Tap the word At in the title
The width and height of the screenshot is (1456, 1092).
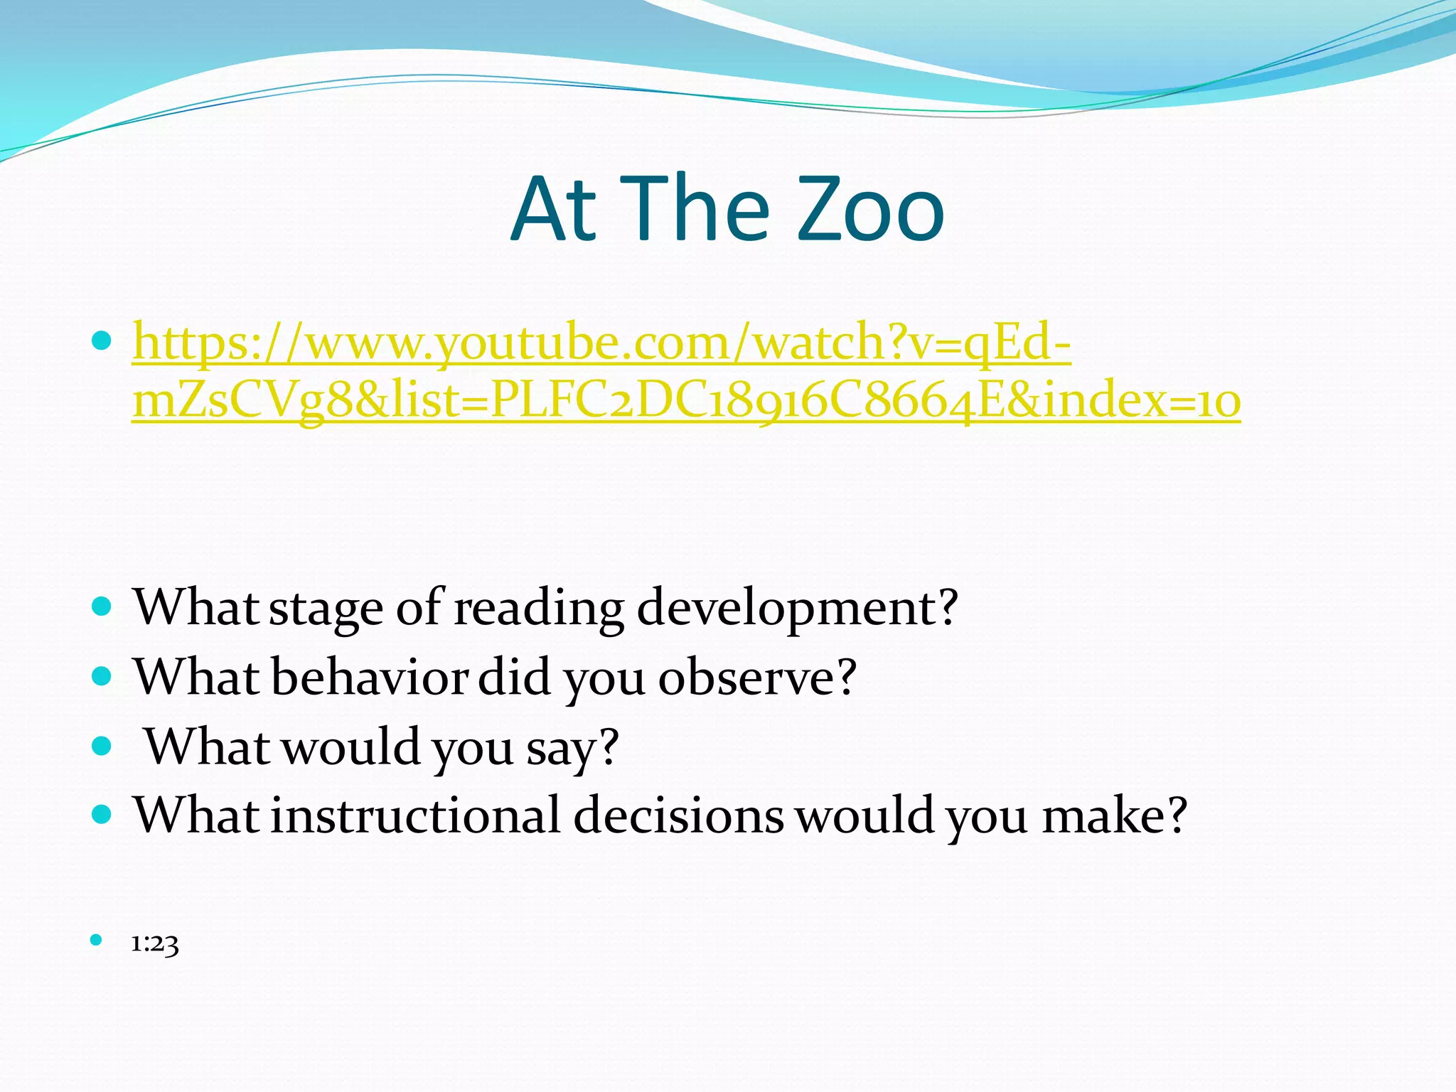tap(553, 210)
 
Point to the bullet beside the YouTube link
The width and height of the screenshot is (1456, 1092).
tap(102, 342)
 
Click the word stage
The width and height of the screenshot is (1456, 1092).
tap(326, 609)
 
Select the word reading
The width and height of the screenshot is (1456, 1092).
tap(539, 609)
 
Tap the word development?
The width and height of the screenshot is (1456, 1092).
tap(797, 609)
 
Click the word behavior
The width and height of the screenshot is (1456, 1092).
tap(370, 677)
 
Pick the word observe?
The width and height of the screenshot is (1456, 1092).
tap(757, 677)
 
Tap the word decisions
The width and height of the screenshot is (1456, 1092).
tap(678, 815)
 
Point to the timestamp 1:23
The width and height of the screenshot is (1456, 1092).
tap(155, 944)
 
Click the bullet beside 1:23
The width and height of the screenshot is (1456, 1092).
tap(97, 941)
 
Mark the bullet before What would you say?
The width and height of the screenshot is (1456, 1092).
tap(102, 746)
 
